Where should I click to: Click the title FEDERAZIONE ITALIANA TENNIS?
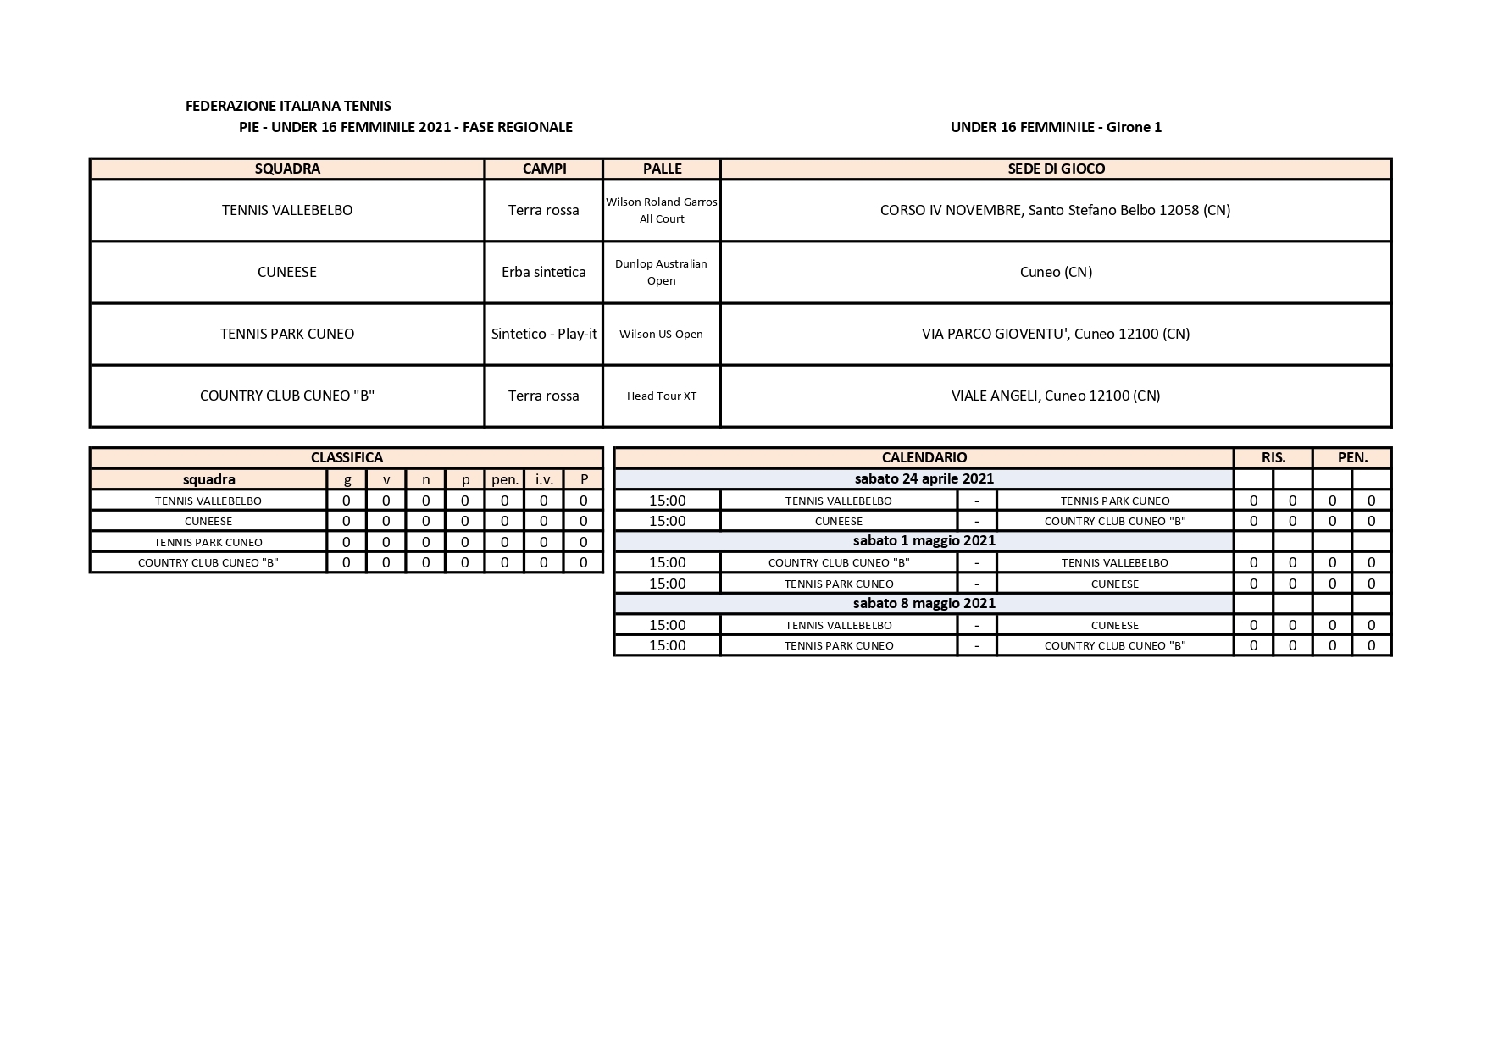pyautogui.click(x=288, y=106)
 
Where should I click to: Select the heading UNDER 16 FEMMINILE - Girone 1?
pyautogui.click(x=1056, y=127)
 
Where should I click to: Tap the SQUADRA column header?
pyautogui.click(x=287, y=169)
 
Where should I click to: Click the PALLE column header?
pyautogui.click(x=662, y=169)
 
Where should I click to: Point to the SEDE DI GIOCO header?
pyautogui.click(x=1056, y=169)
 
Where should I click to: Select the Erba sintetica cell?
pyautogui.click(x=543, y=272)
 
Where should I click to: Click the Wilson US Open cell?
pyautogui.click(x=661, y=334)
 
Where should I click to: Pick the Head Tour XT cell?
pyautogui.click(x=661, y=396)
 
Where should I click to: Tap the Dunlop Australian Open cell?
pyautogui.click(x=661, y=272)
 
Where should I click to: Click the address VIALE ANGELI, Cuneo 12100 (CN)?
pyautogui.click(x=1056, y=396)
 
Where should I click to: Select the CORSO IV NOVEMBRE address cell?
pyautogui.click(x=1056, y=210)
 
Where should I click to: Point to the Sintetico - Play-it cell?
pyautogui.click(x=544, y=334)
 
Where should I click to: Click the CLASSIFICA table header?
pyautogui.click(x=347, y=457)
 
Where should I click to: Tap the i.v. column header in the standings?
pyautogui.click(x=544, y=479)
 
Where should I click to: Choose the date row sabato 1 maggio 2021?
pyautogui.click(x=924, y=540)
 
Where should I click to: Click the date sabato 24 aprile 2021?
pyautogui.click(x=924, y=478)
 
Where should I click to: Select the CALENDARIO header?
pyautogui.click(x=924, y=457)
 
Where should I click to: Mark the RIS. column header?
pyautogui.click(x=1273, y=457)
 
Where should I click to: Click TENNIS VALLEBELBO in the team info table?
pyautogui.click(x=287, y=210)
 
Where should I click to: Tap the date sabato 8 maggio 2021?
pyautogui.click(x=924, y=603)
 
